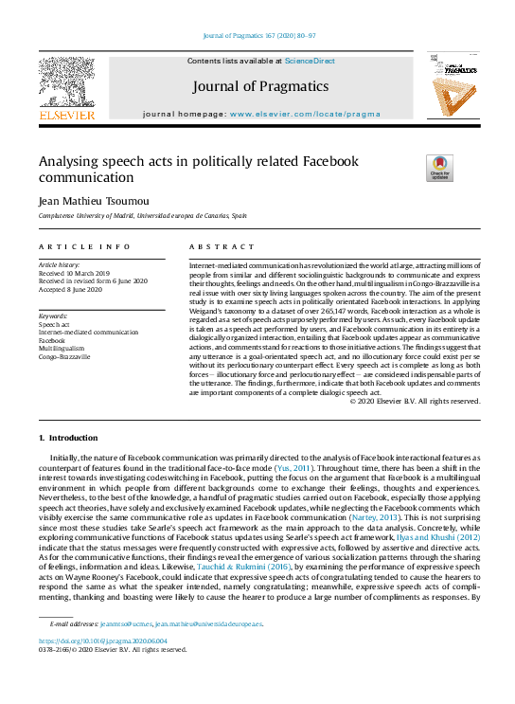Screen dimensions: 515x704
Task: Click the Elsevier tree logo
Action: (x=66, y=81)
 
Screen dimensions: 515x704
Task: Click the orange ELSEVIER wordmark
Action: (x=66, y=115)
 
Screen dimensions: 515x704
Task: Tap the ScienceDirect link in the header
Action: (x=311, y=61)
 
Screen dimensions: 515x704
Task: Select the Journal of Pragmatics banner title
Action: (x=260, y=87)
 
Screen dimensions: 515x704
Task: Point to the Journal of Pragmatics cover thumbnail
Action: (x=451, y=85)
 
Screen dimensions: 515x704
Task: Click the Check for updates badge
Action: (x=440, y=168)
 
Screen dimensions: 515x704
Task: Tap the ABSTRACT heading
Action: (x=209, y=246)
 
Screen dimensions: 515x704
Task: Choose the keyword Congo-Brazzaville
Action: (x=64, y=357)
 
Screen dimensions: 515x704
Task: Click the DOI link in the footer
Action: (x=90, y=641)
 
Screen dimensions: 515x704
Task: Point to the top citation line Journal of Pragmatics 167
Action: (x=260, y=36)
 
